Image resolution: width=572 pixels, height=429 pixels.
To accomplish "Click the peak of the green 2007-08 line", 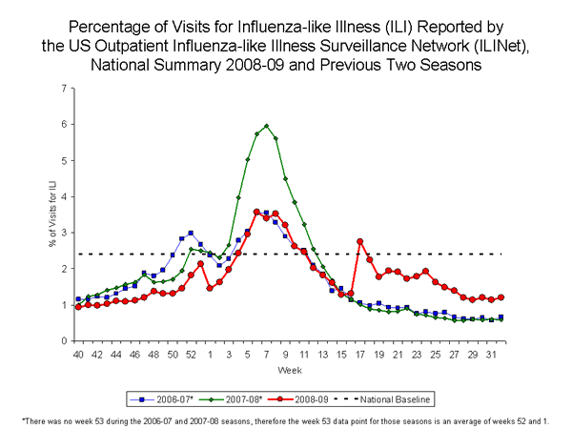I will pos(266,126).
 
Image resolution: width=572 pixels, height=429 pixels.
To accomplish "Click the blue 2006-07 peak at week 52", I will pos(191,233).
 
